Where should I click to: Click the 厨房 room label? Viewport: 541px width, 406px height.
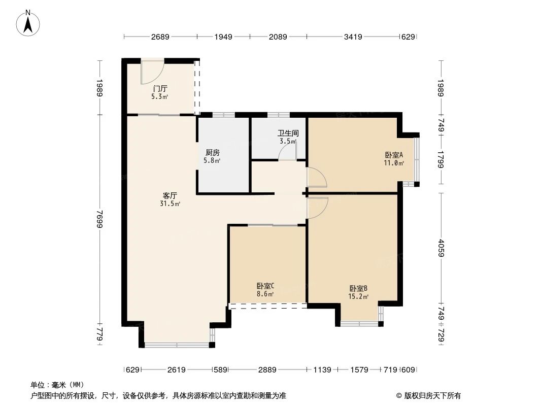(213, 152)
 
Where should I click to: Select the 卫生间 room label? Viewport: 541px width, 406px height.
(288, 133)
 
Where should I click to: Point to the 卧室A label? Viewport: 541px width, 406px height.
(394, 155)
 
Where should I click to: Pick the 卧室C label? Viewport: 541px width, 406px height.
(265, 286)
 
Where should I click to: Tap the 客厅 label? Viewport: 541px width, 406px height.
(170, 195)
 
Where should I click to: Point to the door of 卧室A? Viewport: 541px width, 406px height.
(317, 178)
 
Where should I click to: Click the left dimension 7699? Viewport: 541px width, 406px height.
(100, 218)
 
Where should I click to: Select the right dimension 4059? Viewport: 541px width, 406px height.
(441, 248)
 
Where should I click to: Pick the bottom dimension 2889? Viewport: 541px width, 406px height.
(267, 370)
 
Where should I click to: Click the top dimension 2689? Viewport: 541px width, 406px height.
(160, 37)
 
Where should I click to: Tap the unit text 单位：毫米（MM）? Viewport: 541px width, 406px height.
(57, 385)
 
